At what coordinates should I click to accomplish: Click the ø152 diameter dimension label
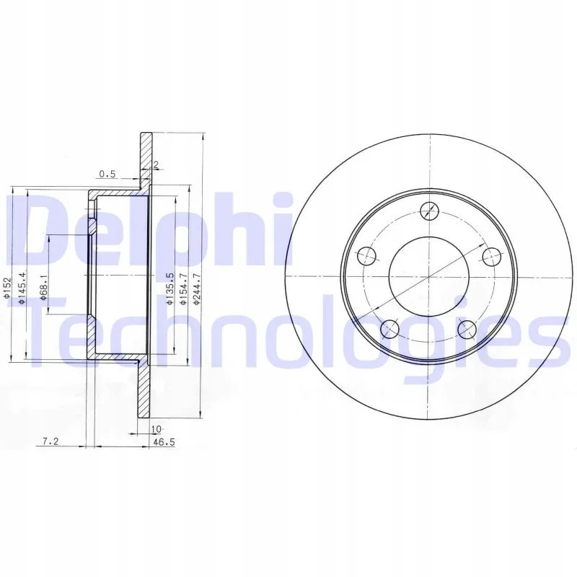click(x=7, y=287)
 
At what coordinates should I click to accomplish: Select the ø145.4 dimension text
click(x=22, y=288)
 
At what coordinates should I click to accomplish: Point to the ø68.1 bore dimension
click(x=44, y=288)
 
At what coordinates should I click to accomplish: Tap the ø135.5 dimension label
click(x=169, y=288)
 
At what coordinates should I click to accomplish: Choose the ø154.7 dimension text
click(x=183, y=288)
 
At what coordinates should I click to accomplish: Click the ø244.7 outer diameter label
click(x=196, y=288)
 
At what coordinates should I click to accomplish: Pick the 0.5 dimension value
click(x=107, y=174)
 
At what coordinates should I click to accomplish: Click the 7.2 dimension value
click(x=50, y=441)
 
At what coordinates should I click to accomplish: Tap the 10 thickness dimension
click(x=156, y=429)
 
